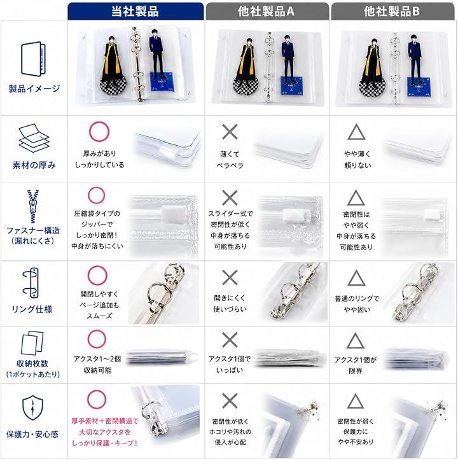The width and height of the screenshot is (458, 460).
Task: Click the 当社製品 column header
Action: pos(135,11)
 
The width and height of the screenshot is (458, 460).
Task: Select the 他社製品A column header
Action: pos(267,11)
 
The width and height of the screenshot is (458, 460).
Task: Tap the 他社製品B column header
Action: pos(392,11)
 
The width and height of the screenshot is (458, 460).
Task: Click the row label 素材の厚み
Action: pos(34,165)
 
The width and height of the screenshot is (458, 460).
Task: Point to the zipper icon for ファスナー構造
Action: pos(33,206)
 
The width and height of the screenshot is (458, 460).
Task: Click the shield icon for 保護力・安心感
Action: pos(32,408)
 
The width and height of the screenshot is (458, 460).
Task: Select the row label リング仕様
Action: pos(32,309)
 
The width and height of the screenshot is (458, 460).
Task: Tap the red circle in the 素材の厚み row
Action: pos(99,131)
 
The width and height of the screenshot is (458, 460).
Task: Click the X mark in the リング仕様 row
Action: pos(230,277)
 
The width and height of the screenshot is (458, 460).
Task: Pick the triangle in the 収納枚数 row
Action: pos(356,340)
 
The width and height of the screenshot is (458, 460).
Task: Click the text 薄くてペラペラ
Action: pos(230,160)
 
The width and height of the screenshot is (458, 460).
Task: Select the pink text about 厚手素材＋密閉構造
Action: pos(105,432)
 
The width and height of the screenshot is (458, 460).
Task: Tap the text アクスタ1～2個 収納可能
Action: pos(97,365)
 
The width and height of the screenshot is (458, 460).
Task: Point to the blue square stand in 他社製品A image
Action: pos(291,84)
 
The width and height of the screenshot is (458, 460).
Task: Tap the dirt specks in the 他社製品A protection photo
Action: pos(307,407)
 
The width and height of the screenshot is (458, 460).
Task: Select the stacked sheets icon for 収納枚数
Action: pos(32,343)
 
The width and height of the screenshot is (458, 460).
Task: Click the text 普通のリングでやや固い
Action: pos(357,304)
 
